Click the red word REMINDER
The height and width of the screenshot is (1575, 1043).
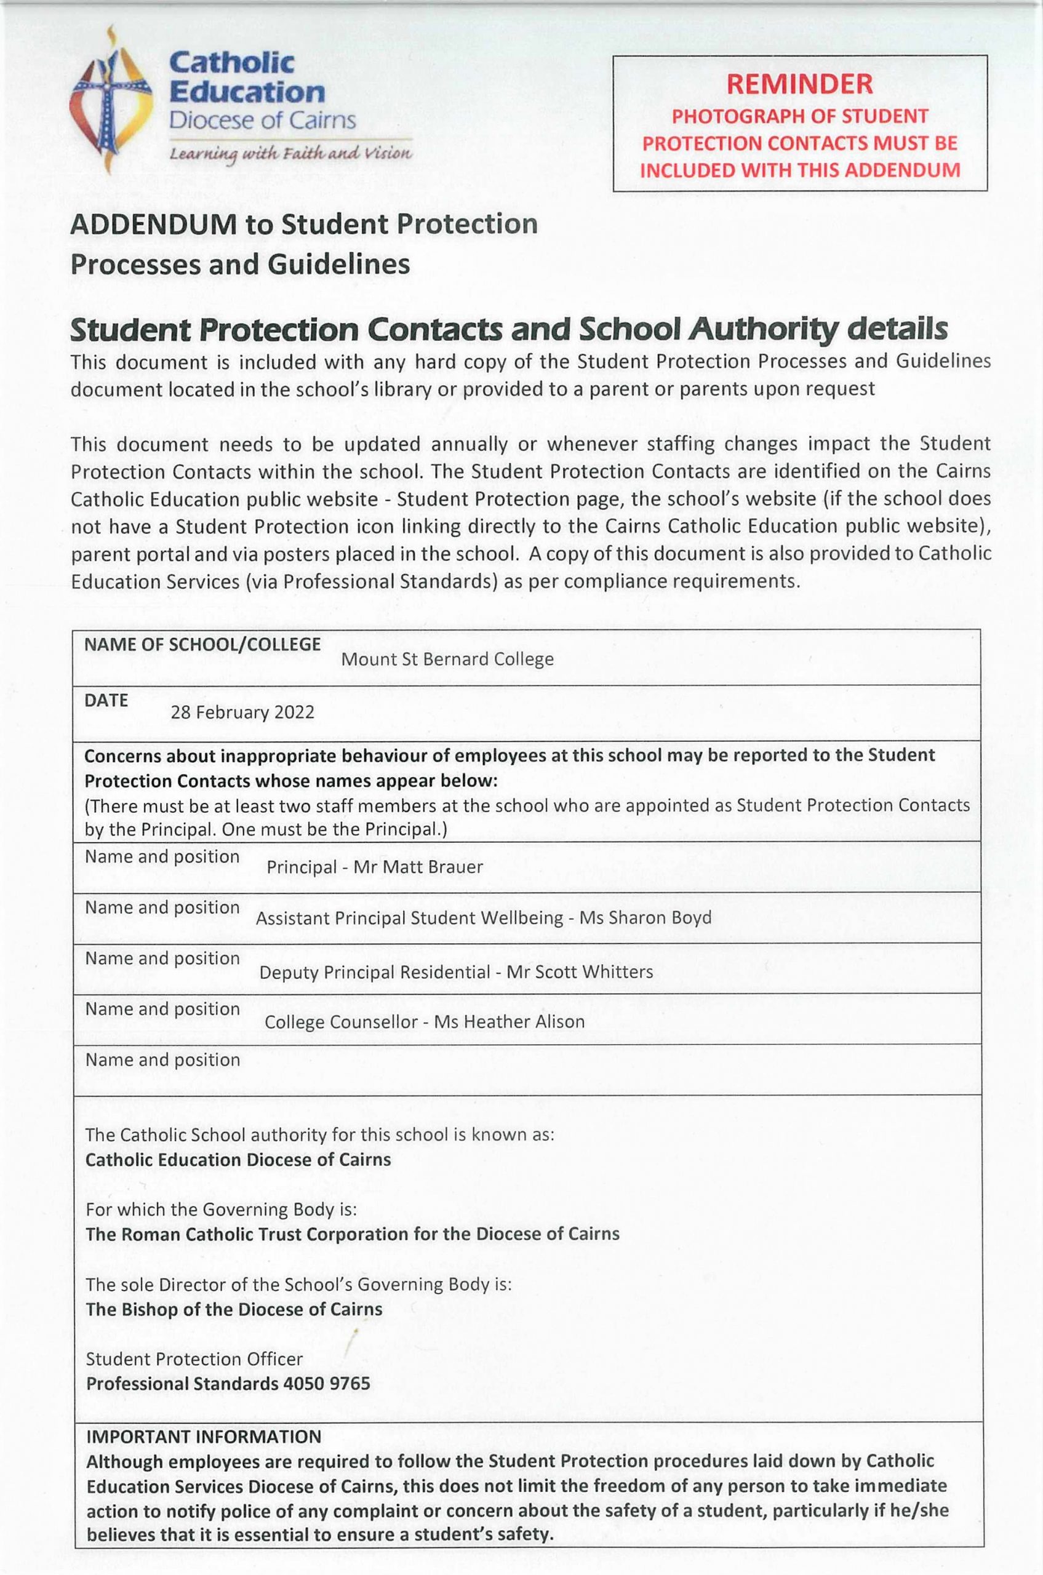point(799,84)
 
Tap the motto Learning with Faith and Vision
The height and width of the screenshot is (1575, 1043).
point(290,154)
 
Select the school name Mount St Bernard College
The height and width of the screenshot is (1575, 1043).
point(447,659)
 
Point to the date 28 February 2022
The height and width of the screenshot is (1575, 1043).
point(242,712)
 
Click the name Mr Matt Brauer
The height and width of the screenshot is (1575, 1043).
point(418,867)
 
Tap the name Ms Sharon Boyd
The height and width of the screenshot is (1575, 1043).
point(645,918)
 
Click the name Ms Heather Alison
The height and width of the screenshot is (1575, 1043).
point(509,1022)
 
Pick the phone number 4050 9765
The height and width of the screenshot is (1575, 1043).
point(327,1384)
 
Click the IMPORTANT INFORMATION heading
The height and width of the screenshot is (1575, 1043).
point(204,1437)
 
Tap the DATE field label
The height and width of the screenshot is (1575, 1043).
point(106,700)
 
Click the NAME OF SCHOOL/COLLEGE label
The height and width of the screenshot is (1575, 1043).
point(202,644)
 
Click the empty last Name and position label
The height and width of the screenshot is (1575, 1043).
point(162,1060)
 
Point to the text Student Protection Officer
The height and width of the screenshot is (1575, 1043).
point(194,1359)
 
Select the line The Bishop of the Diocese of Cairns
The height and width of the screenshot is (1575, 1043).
point(234,1310)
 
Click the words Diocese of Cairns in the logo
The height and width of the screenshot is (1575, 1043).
point(262,121)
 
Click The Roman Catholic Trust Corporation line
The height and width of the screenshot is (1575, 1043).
point(353,1234)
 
